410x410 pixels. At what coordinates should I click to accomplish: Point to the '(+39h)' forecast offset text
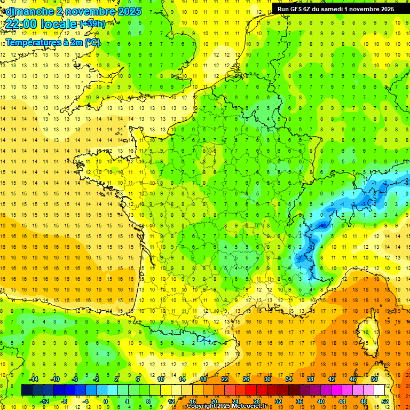click(x=92, y=25)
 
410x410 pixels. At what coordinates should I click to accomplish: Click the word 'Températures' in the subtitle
click(x=33, y=42)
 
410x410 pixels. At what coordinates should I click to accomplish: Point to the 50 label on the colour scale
click(x=374, y=379)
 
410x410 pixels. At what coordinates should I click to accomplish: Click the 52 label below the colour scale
click(x=385, y=401)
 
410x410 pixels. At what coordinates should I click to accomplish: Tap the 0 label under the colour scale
click(x=106, y=401)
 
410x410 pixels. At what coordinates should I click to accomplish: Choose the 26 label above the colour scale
click(x=246, y=379)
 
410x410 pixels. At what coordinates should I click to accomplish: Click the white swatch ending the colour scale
click(x=379, y=390)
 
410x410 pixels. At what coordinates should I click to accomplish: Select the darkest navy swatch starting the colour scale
click(x=27, y=390)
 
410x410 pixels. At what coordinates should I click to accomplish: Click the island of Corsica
click(x=365, y=331)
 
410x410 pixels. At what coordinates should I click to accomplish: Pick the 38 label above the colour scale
click(x=310, y=379)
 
